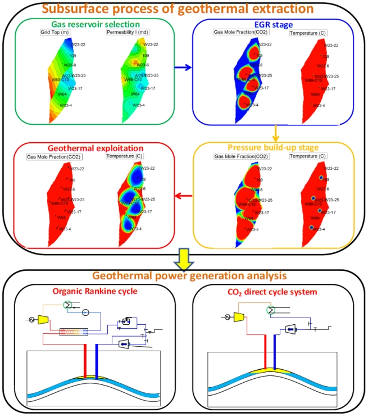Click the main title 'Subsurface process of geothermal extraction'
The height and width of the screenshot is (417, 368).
[x=184, y=9]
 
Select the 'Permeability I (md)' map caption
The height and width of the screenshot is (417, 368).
[x=125, y=32]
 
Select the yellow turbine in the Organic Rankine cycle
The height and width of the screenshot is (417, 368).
[x=47, y=319]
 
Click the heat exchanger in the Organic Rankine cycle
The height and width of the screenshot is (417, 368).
[x=74, y=332]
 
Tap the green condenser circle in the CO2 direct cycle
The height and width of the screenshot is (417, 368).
[x=271, y=310]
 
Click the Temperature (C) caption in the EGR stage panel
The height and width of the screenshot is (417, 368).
[x=305, y=33]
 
